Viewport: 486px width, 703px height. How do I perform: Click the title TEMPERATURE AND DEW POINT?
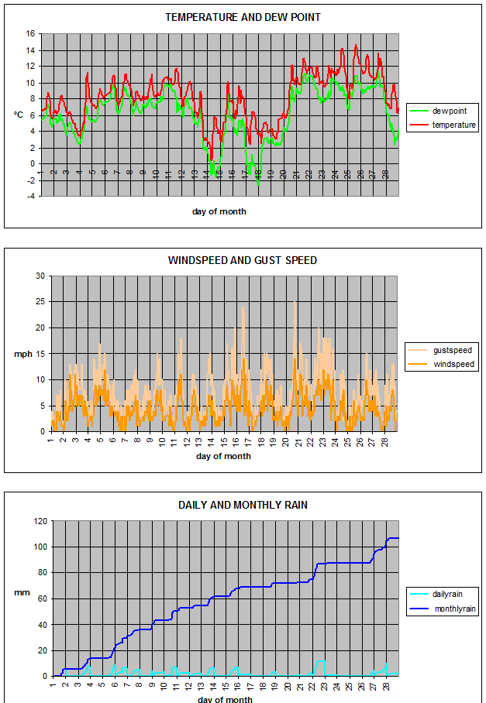click(243, 17)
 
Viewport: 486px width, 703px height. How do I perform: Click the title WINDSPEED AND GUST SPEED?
click(243, 260)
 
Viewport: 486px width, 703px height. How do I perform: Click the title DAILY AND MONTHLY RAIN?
click(243, 505)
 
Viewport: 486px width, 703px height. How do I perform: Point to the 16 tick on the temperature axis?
click(30, 34)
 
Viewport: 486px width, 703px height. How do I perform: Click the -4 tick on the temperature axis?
click(30, 196)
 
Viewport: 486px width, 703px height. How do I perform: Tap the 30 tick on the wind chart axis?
click(40, 276)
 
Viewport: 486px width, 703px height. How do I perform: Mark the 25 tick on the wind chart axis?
click(40, 302)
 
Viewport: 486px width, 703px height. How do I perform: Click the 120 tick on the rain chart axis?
click(39, 521)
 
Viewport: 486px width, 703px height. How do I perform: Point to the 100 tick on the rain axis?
click(39, 547)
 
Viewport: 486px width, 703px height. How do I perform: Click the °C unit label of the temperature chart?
click(18, 115)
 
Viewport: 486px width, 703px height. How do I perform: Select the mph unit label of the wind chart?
click(22, 355)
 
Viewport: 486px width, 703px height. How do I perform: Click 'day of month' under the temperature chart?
click(219, 211)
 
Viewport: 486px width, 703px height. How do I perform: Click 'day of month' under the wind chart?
click(223, 456)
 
